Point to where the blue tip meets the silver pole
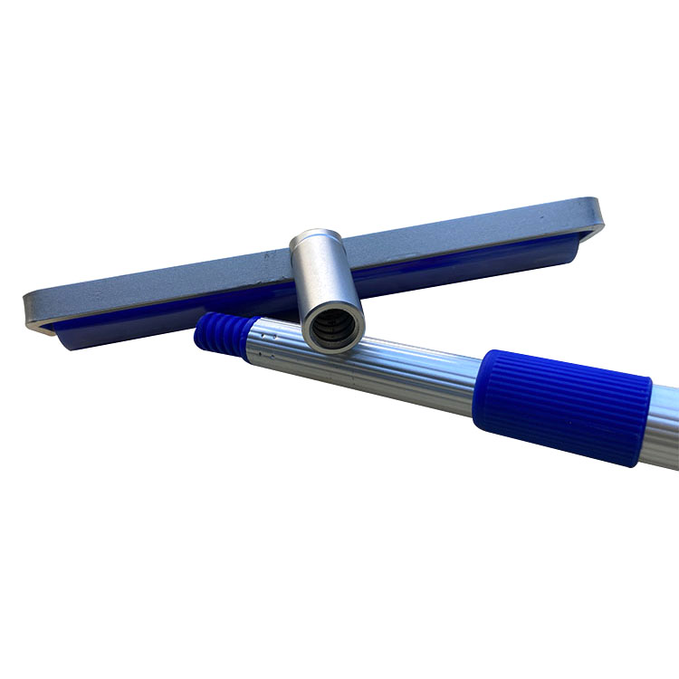pyautogui.click(x=243, y=335)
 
